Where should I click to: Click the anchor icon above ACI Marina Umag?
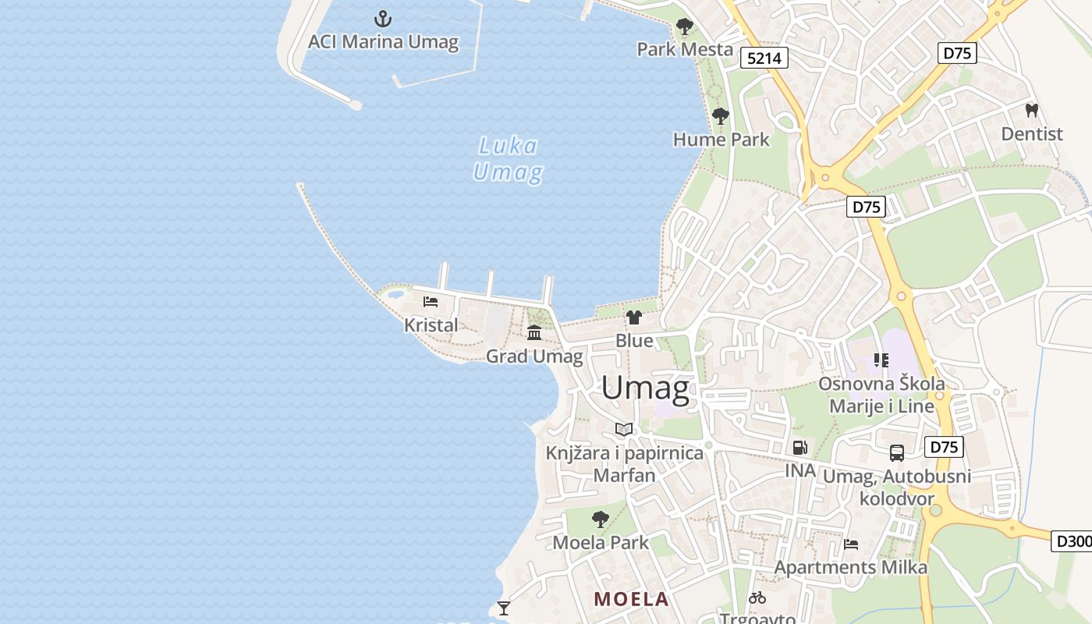tap(383, 18)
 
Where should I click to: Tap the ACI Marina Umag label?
tap(383, 41)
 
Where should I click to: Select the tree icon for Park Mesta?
tap(685, 27)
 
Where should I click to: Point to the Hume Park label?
tap(721, 140)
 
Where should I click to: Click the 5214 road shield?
tap(764, 58)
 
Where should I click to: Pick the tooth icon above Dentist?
tap(1032, 111)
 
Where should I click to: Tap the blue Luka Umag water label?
tap(508, 158)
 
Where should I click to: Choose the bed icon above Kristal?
tap(431, 302)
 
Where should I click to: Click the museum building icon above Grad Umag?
tap(534, 333)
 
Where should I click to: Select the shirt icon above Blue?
tap(634, 317)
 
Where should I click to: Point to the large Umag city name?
tap(646, 388)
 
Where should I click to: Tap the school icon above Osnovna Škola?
tap(881, 360)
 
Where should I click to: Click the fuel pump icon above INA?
tap(799, 448)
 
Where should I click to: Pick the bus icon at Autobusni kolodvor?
tap(897, 452)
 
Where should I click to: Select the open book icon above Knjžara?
tap(623, 429)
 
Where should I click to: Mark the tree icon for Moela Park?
tap(600, 519)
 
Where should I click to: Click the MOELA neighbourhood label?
tap(632, 599)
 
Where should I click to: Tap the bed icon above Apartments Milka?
tap(851, 544)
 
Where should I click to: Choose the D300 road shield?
tap(1072, 541)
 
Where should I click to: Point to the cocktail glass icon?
tap(504, 608)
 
